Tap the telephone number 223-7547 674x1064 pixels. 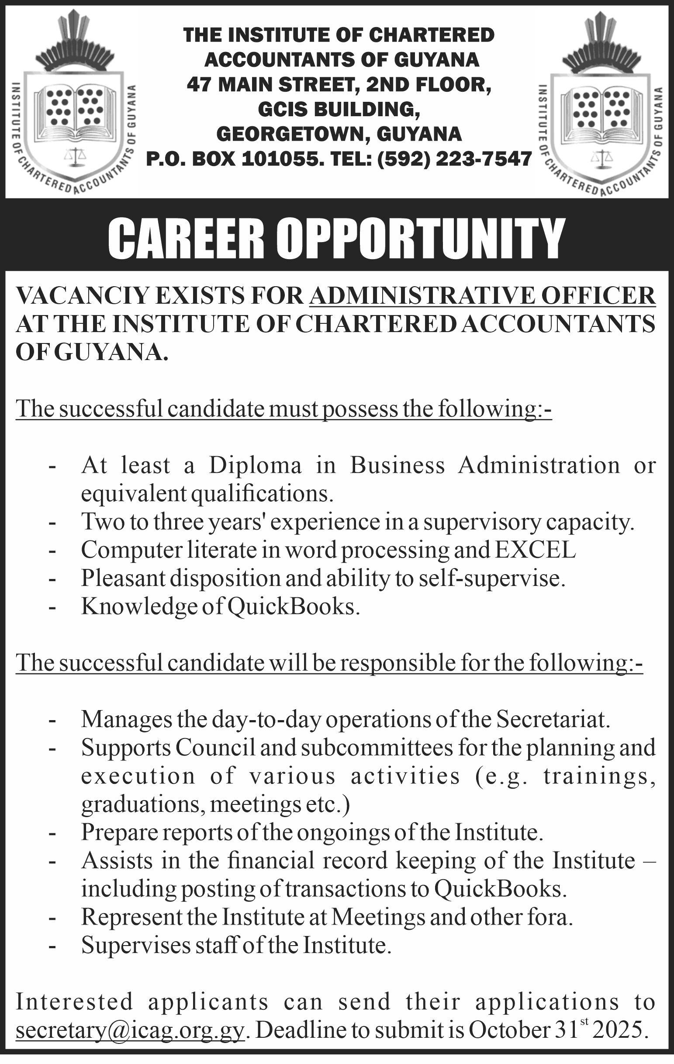tap(484, 158)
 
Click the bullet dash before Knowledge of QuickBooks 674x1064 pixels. tap(52, 608)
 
